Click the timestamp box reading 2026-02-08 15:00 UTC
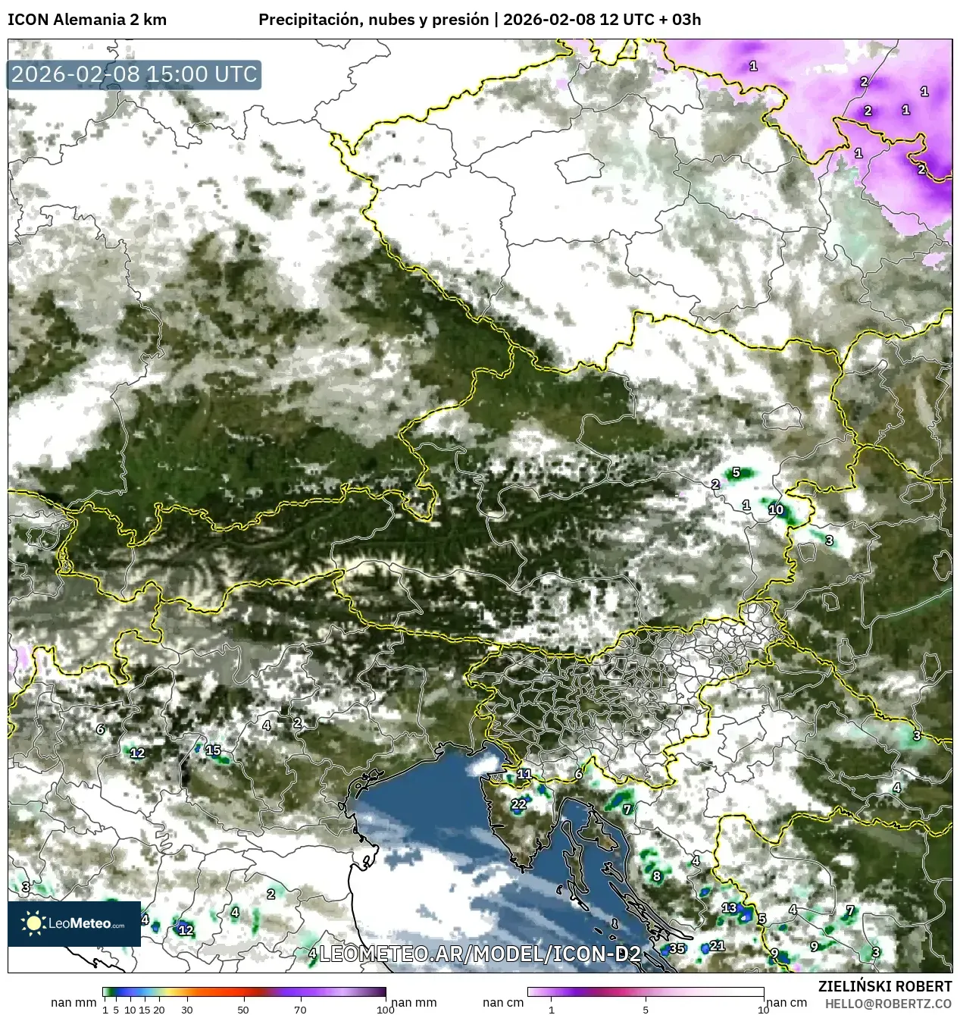point(134,74)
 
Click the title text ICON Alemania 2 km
point(87,20)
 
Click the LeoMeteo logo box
point(74,923)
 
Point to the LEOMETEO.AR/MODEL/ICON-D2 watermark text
point(480,954)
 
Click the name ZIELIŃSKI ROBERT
point(885,986)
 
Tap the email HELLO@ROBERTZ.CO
point(888,1004)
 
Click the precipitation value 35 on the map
point(677,948)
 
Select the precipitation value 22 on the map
point(518,804)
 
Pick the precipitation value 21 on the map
point(717,945)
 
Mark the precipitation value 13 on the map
point(729,907)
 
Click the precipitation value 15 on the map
point(213,750)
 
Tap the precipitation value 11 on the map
point(524,774)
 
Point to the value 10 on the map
point(776,509)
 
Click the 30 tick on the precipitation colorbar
point(187,1009)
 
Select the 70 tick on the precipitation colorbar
point(300,1009)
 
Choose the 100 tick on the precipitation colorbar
point(386,1009)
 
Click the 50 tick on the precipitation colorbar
point(243,1009)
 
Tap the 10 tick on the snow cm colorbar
point(763,1009)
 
